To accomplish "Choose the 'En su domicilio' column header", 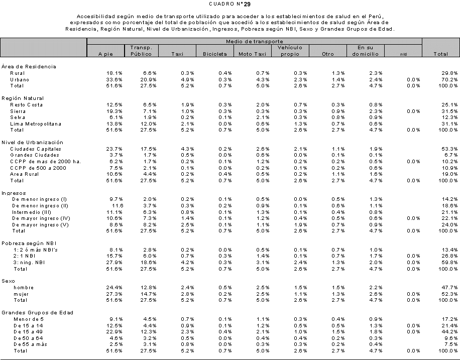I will [365, 51].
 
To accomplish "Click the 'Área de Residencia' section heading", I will [28, 66].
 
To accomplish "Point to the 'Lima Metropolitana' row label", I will [35, 124].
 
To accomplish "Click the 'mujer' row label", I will [21, 294].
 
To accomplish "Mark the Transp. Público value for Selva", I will [149, 117].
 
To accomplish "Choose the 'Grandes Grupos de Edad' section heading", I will [37, 312].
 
